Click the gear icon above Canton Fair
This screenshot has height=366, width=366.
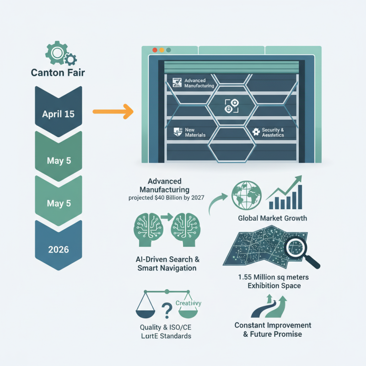click(x=58, y=54)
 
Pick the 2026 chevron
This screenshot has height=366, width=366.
click(x=58, y=249)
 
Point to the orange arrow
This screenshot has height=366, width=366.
click(x=113, y=111)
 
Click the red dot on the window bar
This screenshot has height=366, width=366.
click(x=154, y=49)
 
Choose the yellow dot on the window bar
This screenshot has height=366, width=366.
click(x=161, y=49)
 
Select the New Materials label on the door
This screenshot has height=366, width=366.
click(x=195, y=133)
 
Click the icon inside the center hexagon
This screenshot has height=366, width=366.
click(x=229, y=107)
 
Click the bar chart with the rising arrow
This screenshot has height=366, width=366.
click(x=285, y=192)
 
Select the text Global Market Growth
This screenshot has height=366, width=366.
click(x=272, y=218)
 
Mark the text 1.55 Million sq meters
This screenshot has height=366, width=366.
click(x=273, y=278)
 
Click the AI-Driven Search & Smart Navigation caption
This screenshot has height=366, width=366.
click(x=167, y=264)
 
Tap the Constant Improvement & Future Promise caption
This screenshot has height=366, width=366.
click(x=273, y=329)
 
